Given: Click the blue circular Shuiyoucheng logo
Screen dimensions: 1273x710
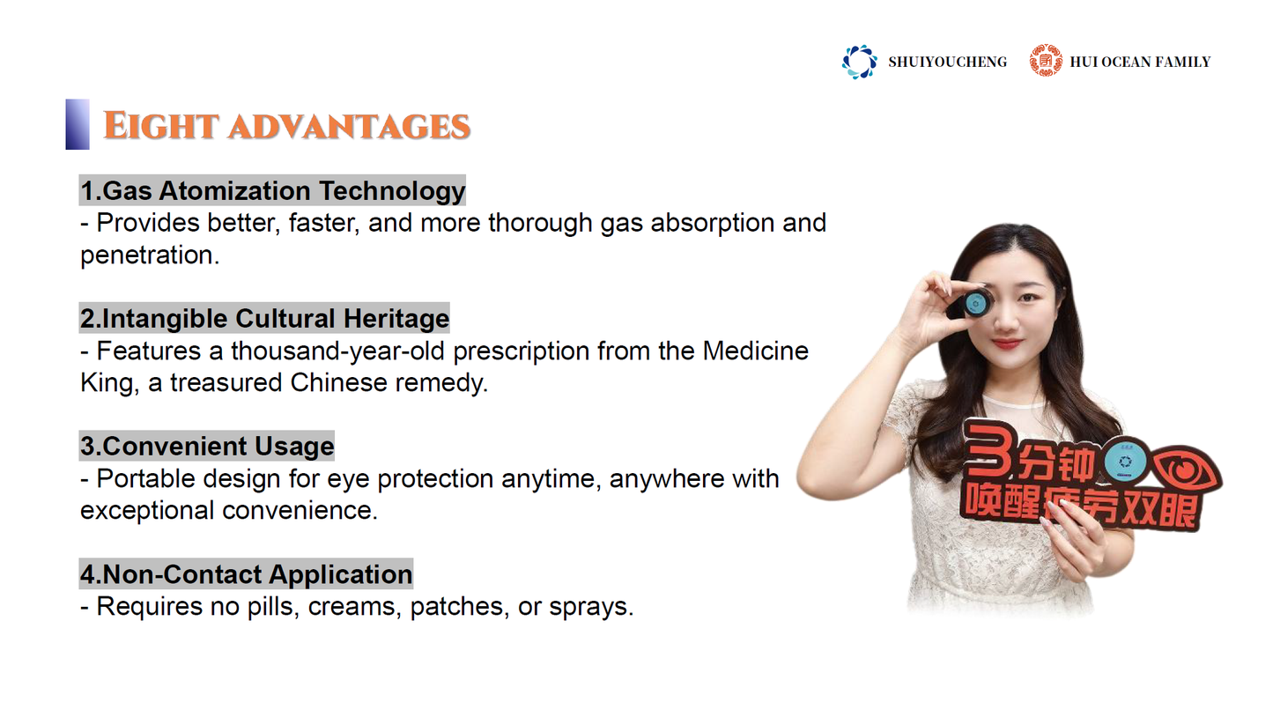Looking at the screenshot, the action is coord(859,62).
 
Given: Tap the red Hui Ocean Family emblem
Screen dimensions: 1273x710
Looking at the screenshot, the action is coord(1045,60).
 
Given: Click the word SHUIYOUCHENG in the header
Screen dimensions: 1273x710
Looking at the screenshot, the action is coord(947,62).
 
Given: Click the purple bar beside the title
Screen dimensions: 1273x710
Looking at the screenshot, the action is coord(78,124).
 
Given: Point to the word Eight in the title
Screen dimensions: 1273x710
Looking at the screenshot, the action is coord(161,126).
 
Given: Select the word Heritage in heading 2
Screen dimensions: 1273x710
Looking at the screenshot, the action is coord(396,318).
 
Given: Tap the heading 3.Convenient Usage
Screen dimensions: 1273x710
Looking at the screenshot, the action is coord(207,447).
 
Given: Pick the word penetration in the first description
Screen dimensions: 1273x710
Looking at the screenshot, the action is coord(150,255).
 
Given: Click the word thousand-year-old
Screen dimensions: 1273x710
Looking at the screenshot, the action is coord(337,351).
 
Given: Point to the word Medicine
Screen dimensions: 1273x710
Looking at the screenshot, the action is coord(755,351).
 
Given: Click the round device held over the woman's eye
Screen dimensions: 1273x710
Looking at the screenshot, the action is coord(974,303).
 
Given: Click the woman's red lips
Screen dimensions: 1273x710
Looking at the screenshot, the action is coord(1006,344).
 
